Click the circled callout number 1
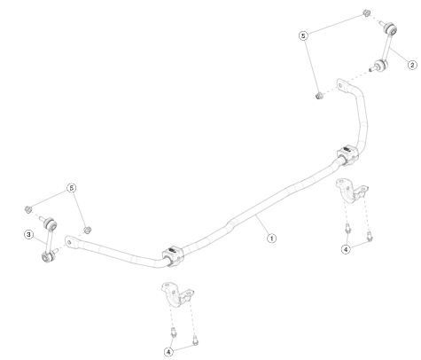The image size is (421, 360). [271, 238]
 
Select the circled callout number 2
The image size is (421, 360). [412, 65]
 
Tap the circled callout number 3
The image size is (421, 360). [28, 235]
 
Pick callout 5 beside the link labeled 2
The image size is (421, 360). [303, 35]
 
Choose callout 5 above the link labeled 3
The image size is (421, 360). [72, 188]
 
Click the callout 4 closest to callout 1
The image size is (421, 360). [346, 249]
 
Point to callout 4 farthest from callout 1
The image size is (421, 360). [168, 352]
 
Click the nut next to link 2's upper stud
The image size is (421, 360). [367, 13]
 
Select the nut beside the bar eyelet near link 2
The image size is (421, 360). [319, 96]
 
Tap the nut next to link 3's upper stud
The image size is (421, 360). [28, 209]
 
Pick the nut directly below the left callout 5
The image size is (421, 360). [88, 230]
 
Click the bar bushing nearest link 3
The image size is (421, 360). [173, 255]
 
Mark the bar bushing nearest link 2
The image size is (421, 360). [348, 155]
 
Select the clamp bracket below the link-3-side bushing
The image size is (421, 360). [177, 294]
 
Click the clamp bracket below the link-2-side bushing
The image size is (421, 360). [352, 191]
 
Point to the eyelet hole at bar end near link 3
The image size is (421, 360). [70, 242]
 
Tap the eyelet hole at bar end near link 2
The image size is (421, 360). [341, 86]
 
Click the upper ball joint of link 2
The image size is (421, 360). [391, 28]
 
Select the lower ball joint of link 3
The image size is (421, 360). [48, 256]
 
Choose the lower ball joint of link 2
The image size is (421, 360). [380, 65]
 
